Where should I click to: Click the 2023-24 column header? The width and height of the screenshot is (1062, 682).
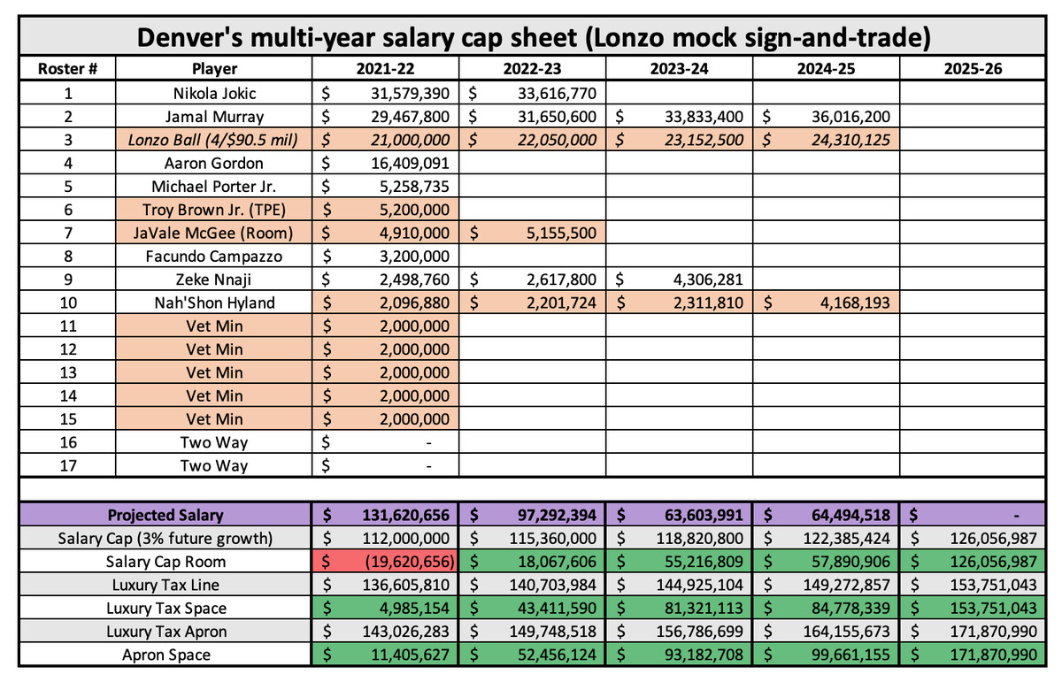(679, 69)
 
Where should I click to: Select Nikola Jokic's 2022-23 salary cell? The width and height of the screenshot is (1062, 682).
(532, 93)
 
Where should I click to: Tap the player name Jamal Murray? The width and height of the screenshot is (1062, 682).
(214, 117)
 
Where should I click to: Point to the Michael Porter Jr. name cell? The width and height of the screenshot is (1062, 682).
(214, 187)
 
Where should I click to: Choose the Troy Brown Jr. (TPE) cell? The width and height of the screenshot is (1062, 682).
(214, 210)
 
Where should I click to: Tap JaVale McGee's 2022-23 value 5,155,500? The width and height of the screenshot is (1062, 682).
(561, 233)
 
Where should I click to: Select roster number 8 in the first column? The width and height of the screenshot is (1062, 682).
(68, 257)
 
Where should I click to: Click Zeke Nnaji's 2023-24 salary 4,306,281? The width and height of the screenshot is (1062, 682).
(708, 280)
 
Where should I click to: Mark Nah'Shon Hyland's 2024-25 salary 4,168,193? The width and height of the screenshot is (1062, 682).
(855, 303)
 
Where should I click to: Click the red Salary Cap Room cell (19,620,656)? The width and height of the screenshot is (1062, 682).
(385, 562)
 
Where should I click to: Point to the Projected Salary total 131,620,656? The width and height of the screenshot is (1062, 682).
(406, 515)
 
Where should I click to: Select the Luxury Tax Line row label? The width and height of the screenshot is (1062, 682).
(165, 585)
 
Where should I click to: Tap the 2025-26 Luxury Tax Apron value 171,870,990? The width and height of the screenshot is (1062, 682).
(993, 632)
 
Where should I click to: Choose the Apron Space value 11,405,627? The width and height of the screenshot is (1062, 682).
(410, 655)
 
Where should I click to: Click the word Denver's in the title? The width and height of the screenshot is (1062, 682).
(191, 37)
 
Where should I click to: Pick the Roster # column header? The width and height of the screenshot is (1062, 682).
(68, 69)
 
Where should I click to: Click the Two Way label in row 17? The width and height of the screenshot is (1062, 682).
(214, 466)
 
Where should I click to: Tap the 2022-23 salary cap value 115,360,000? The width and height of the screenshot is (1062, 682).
(553, 539)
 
